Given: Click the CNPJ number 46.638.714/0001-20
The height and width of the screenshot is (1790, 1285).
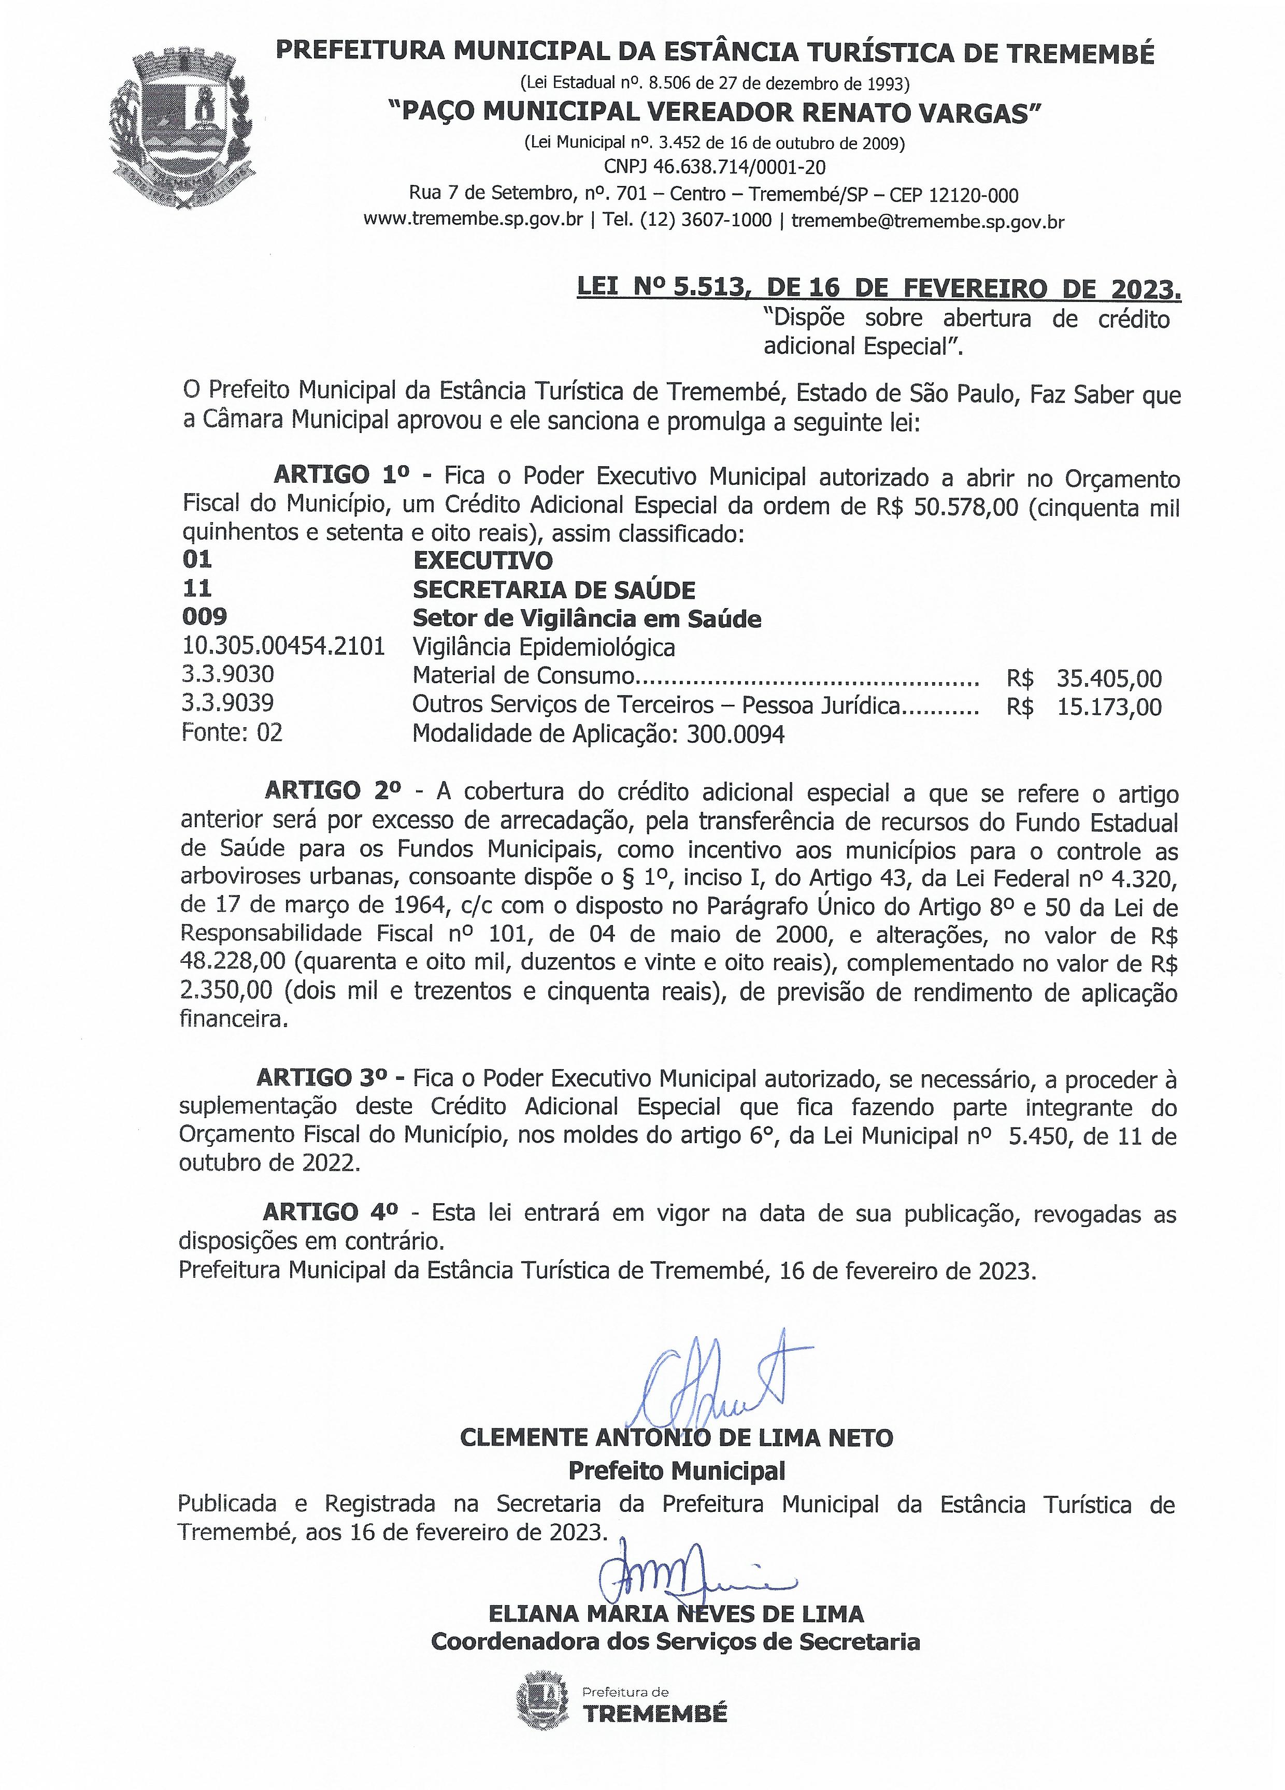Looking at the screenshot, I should [715, 167].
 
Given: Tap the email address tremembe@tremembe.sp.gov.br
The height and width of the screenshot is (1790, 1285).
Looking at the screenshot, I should [927, 221].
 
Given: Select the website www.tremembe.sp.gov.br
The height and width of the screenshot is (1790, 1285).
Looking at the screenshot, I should [473, 221].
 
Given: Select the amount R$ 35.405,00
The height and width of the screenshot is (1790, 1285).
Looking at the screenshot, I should [1084, 678].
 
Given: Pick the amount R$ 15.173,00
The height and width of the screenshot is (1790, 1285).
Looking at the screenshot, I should [1084, 706].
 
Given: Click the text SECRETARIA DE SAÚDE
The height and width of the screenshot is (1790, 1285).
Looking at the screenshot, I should [554, 589].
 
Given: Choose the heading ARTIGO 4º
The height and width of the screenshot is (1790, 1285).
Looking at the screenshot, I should [331, 1211].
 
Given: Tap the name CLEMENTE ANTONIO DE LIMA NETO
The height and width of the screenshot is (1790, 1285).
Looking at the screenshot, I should [677, 1437].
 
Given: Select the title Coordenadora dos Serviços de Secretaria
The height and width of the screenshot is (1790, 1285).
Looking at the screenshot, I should [676, 1642].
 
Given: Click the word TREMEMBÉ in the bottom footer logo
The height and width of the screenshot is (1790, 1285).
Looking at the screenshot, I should [655, 1713].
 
